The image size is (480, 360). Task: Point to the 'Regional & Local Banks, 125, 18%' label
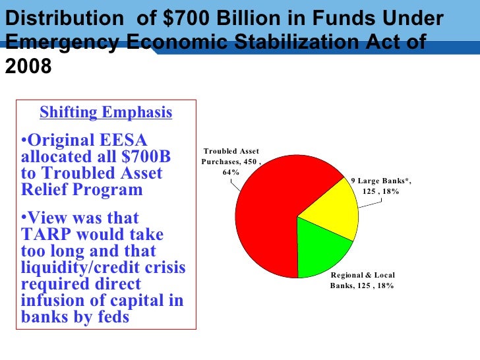(362, 280)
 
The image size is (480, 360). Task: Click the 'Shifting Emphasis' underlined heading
(105, 113)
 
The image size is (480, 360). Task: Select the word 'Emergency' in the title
(63, 44)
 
